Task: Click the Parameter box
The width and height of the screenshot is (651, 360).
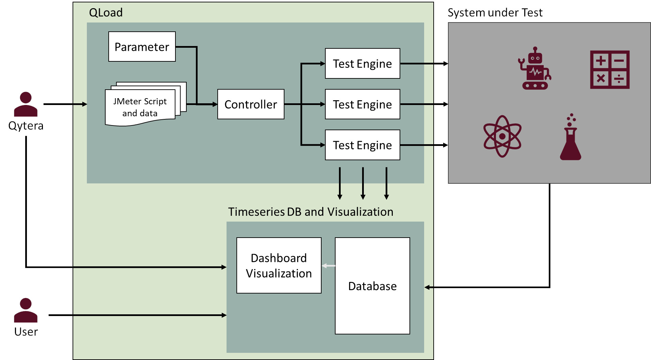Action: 142,47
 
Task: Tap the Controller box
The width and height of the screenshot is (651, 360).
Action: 251,104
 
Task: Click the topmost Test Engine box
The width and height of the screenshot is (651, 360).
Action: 362,64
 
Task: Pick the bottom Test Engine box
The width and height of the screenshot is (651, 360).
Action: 362,145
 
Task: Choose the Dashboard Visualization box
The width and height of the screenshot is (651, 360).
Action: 279,266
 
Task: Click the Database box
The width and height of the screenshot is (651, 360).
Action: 372,286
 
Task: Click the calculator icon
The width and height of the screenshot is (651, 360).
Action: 609,70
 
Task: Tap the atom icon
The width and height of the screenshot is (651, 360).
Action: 502,136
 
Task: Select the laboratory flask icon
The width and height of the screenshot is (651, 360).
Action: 571,138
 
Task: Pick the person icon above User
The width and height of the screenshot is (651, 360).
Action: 26,310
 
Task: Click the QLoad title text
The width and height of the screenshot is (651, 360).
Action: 106,13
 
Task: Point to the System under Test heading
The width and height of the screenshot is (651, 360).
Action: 495,13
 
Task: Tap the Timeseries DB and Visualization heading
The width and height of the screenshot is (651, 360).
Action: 310,212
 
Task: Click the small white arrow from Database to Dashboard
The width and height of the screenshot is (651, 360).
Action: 328,266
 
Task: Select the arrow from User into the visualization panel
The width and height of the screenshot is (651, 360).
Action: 136,315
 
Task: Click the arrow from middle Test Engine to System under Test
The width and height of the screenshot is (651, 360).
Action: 424,104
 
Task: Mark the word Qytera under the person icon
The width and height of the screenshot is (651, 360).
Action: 26,126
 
